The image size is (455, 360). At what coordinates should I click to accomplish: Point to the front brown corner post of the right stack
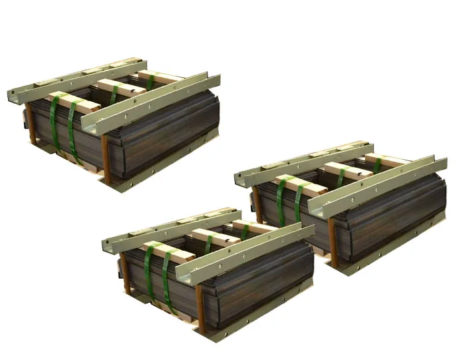(x=333, y=242)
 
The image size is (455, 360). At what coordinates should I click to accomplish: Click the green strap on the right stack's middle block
(x=341, y=177)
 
